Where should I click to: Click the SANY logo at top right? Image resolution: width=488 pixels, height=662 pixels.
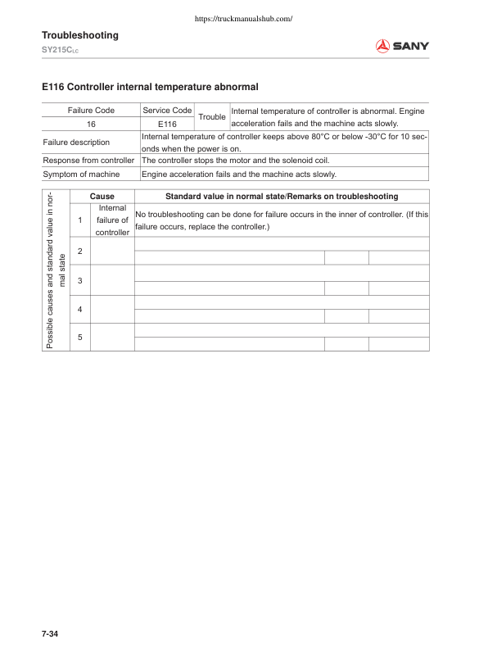402,47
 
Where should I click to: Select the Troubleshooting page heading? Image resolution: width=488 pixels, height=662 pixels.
80,35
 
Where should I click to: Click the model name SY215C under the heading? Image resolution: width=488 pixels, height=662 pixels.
59,51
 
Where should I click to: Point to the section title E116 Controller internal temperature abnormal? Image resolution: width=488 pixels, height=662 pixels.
150,85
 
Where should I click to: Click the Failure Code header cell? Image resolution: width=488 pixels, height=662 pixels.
90,110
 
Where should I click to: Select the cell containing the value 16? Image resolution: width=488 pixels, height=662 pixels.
90,124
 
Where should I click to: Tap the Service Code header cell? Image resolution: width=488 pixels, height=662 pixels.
167,110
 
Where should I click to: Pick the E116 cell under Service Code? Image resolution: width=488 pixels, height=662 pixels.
167,124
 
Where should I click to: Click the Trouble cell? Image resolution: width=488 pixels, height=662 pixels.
212,117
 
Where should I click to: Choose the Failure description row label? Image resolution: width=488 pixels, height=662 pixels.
76,142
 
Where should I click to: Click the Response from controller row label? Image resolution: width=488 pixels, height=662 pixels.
88,161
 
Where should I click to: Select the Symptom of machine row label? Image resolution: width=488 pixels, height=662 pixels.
81,175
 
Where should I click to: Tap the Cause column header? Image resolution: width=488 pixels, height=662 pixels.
102,197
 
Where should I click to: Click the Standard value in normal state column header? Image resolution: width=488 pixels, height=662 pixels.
282,197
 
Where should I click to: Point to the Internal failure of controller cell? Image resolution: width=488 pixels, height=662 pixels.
111,220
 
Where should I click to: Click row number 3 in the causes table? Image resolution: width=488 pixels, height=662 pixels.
79,281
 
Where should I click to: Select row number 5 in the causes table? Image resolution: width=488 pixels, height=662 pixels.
79,337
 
